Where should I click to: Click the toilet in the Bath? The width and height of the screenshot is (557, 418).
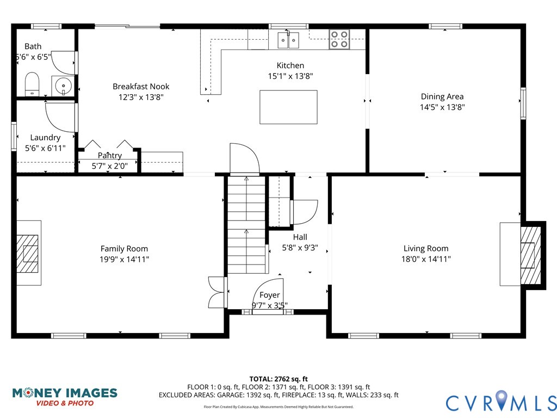point(32,84)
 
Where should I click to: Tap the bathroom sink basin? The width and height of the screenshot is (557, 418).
point(63,86)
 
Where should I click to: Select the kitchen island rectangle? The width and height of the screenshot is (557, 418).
point(288,107)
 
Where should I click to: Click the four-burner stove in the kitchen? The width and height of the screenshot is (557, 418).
point(339,39)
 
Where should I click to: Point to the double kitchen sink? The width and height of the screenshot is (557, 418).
point(288,40)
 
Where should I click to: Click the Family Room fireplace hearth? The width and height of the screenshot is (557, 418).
point(29,253)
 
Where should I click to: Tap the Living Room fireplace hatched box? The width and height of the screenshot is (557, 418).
point(531,255)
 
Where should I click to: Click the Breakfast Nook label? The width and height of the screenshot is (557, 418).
point(141,87)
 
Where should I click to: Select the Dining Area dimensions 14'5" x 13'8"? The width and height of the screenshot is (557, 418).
point(442,107)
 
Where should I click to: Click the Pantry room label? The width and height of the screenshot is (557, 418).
point(110,155)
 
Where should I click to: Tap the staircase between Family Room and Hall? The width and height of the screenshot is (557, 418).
point(246,225)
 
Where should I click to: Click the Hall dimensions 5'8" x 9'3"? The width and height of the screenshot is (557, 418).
point(300,248)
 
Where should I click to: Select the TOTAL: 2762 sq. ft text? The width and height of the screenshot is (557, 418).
point(278,379)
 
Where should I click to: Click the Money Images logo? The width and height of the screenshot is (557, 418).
point(65,397)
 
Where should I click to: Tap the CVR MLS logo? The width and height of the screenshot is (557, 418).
point(501,402)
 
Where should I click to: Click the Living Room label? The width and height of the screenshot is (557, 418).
point(426,248)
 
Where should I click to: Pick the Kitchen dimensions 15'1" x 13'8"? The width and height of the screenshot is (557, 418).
point(290,76)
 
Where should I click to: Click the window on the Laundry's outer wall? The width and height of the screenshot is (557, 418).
point(14,136)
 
